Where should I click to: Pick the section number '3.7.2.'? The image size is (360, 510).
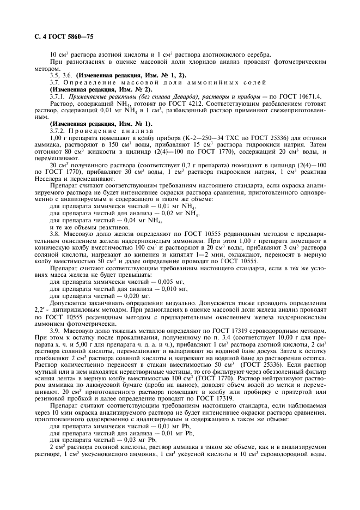click(58, 131)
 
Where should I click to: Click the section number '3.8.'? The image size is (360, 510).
click(55, 233)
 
